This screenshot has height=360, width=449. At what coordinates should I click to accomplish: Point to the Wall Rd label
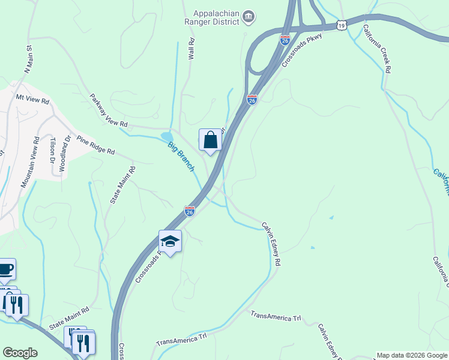[x=191, y=49]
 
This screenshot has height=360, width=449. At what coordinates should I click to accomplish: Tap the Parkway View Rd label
[x=109, y=110]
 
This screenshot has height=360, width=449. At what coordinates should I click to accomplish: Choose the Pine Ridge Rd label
[x=94, y=145]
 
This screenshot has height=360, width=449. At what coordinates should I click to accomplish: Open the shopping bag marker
[x=210, y=140]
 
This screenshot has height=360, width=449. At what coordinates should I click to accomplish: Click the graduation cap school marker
[x=170, y=242]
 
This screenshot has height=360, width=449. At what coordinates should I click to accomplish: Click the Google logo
[x=20, y=353]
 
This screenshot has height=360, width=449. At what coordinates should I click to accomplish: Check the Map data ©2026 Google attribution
[x=412, y=355]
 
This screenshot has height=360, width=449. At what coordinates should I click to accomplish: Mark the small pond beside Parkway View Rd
[x=166, y=137]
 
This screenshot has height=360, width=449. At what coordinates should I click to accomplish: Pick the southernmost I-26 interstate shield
[x=190, y=211]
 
